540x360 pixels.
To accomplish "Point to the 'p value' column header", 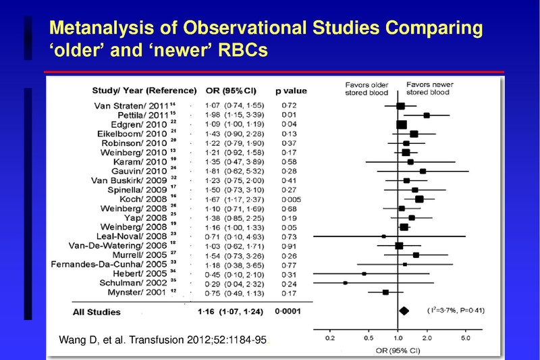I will pos(291,91).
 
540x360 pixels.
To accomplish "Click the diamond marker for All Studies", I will pos(404,311).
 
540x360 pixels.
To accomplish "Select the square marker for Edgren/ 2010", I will pos(402,125).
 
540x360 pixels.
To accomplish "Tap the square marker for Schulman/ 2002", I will pos(346,284).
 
